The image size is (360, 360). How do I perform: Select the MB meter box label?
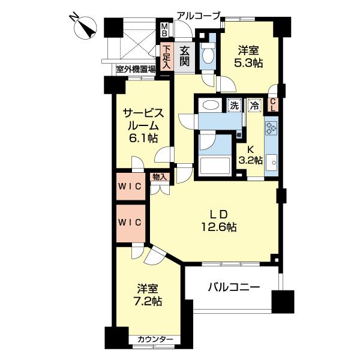click(164, 30)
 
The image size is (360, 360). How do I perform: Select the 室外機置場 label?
click(136, 69)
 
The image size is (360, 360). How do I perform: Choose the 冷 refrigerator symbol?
click(254, 105)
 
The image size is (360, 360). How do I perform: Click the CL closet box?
click(272, 106)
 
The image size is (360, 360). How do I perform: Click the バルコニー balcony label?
click(233, 287)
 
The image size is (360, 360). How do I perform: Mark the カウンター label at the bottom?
click(155, 340)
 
